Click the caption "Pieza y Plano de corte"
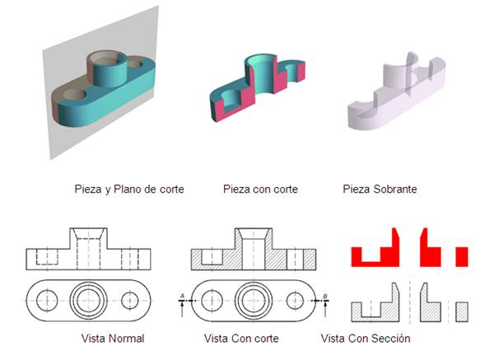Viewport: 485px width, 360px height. click(x=129, y=189)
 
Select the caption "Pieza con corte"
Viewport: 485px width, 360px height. click(x=260, y=189)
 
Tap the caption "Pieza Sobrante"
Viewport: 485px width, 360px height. click(x=380, y=189)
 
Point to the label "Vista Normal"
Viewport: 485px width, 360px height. click(x=113, y=339)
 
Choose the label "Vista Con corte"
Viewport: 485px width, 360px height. click(x=241, y=339)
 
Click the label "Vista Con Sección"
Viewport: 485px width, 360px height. click(x=366, y=339)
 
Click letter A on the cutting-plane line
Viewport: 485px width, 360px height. click(x=182, y=297)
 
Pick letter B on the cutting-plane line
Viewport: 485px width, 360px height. click(x=325, y=297)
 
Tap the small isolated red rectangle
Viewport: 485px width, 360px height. click(x=462, y=256)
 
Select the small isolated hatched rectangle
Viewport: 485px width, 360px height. click(x=462, y=312)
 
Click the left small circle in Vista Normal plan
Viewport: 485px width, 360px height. click(x=47, y=300)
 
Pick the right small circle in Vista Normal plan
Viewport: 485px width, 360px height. click(x=130, y=300)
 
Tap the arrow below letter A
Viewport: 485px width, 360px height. click(x=182, y=309)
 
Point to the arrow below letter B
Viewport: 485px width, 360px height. click(x=325, y=309)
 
